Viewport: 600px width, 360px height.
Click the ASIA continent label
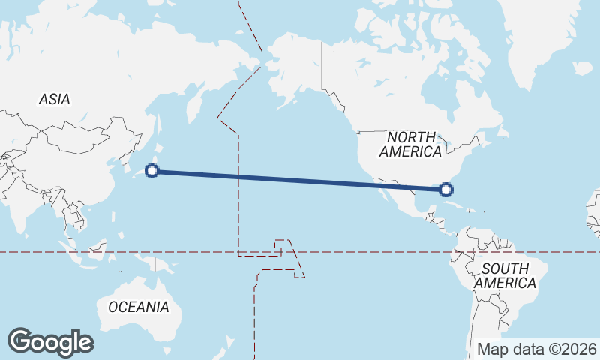click(x=55, y=99)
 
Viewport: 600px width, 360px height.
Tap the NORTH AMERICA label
click(x=410, y=144)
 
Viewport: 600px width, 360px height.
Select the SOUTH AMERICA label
click(x=505, y=275)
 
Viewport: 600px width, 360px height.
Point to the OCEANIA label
click(x=139, y=307)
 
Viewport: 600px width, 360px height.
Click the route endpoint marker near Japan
click(x=152, y=171)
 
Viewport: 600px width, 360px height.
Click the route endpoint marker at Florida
click(x=447, y=189)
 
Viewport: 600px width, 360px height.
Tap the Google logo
click(x=50, y=342)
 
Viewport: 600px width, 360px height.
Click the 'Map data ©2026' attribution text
click(x=537, y=349)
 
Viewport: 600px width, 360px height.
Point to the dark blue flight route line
click(x=300, y=180)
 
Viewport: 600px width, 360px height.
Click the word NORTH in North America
click(x=411, y=137)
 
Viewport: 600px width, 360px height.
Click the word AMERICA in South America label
click(x=505, y=283)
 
